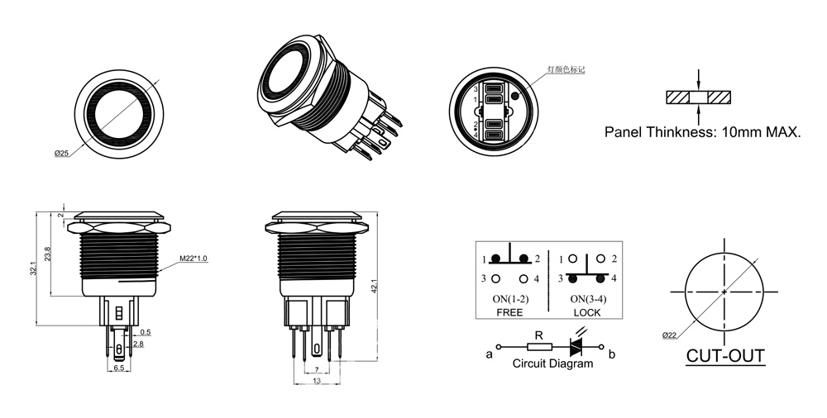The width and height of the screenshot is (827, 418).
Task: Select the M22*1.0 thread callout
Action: pyautogui.click(x=193, y=259)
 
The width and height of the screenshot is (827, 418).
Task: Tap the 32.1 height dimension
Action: pyautogui.click(x=34, y=268)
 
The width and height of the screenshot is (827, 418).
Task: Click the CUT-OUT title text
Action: pyautogui.click(x=725, y=356)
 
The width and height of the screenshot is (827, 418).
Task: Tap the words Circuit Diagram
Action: pyautogui.click(x=552, y=363)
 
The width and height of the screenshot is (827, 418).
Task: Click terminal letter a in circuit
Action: pyautogui.click(x=490, y=355)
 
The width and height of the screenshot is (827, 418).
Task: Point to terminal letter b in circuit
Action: pyautogui.click(x=611, y=354)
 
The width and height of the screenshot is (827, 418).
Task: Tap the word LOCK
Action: pyautogui.click(x=586, y=313)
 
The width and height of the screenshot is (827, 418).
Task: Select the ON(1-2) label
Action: pyautogui.click(x=510, y=298)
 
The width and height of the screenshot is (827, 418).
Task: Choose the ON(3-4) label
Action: pyautogui.click(x=586, y=298)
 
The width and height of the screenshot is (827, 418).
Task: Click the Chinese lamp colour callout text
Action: pyautogui.click(x=566, y=71)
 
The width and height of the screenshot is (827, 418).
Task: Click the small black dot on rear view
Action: pyautogui.click(x=516, y=96)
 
